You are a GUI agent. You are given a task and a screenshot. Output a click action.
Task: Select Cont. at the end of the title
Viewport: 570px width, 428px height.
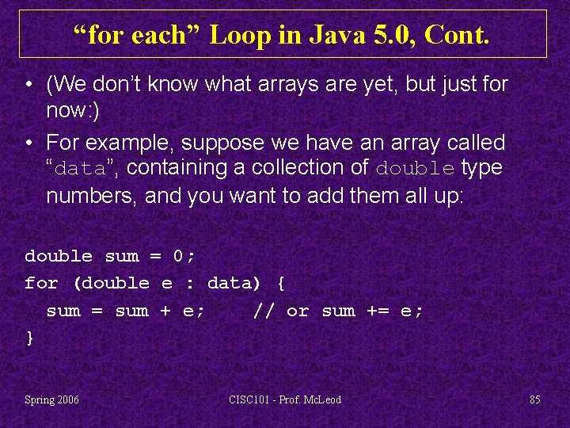[459, 34]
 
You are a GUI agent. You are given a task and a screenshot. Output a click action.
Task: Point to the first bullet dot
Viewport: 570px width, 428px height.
[28, 85]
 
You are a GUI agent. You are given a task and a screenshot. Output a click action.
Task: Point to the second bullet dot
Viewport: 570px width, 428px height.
[28, 143]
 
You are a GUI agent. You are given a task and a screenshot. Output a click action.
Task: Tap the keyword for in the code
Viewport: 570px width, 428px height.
[41, 283]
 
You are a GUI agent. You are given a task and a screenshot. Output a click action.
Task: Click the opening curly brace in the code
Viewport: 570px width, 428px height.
[281, 283]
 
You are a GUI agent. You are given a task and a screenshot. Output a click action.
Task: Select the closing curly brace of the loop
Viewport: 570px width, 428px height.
[30, 338]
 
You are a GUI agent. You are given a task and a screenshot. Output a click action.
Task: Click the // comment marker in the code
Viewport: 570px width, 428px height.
[264, 311]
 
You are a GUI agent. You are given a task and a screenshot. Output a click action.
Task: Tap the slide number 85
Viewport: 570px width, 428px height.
[535, 399]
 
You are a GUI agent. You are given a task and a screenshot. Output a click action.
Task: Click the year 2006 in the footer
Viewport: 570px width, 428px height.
[67, 399]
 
